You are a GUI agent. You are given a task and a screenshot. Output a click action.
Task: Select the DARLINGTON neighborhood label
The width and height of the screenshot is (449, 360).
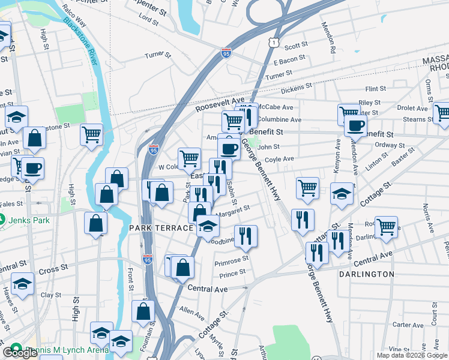[x=366, y=274]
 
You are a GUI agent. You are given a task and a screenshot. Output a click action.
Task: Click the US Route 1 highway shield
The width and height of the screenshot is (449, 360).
[x=274, y=42]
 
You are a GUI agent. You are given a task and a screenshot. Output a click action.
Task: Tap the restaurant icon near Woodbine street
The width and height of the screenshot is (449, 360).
[x=245, y=235]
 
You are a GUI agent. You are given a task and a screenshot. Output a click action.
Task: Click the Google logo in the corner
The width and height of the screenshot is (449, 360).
[x=19, y=352]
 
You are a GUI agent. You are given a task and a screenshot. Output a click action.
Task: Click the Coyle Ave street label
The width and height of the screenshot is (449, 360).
[x=280, y=160]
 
